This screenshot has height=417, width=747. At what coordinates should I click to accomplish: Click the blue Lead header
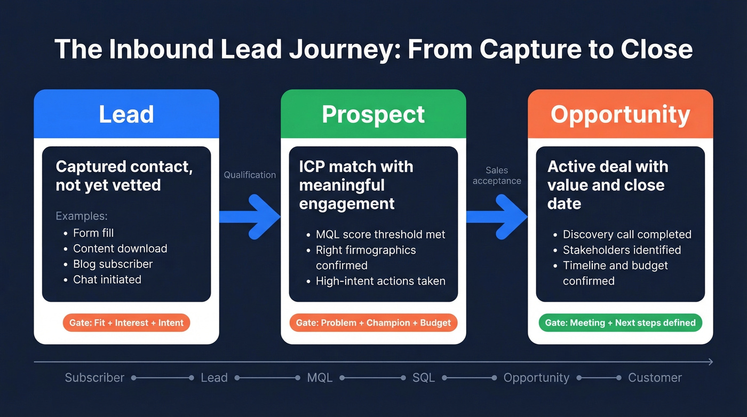(126, 114)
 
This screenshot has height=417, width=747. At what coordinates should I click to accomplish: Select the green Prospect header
(373, 114)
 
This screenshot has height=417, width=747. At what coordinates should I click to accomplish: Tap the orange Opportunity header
(620, 114)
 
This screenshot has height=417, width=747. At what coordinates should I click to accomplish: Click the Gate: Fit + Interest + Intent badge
(126, 322)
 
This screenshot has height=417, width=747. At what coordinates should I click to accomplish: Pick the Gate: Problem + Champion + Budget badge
(373, 322)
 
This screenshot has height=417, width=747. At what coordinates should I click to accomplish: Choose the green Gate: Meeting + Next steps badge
(620, 322)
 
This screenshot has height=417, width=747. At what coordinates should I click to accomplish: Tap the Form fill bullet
(93, 233)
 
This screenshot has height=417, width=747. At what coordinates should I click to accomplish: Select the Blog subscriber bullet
(113, 264)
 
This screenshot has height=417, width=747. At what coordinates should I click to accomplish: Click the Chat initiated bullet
(107, 279)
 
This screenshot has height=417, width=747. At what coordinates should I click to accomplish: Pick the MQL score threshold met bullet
(380, 234)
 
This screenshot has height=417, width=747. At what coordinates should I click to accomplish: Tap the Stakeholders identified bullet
(622, 250)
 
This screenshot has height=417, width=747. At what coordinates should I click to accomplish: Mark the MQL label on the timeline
(320, 377)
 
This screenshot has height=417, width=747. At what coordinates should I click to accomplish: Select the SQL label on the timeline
(424, 377)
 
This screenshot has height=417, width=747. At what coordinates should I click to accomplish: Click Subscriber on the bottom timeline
(94, 377)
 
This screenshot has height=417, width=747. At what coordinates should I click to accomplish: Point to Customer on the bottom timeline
(655, 377)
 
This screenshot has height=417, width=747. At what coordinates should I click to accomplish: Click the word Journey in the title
(341, 49)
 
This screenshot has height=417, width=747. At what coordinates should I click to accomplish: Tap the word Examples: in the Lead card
(82, 216)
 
